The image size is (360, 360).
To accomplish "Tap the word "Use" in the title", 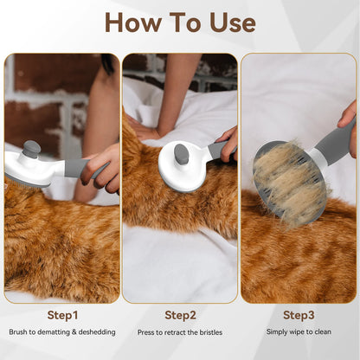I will point(228,22).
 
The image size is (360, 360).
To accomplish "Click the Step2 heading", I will point(179,314).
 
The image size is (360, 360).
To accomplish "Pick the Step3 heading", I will point(299,314).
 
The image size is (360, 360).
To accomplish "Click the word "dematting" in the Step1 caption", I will point(59,331).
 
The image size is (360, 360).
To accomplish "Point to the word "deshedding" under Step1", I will point(96,331).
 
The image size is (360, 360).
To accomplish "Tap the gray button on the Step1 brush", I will point(32,150).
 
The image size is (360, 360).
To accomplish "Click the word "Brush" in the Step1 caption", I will point(19,331).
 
